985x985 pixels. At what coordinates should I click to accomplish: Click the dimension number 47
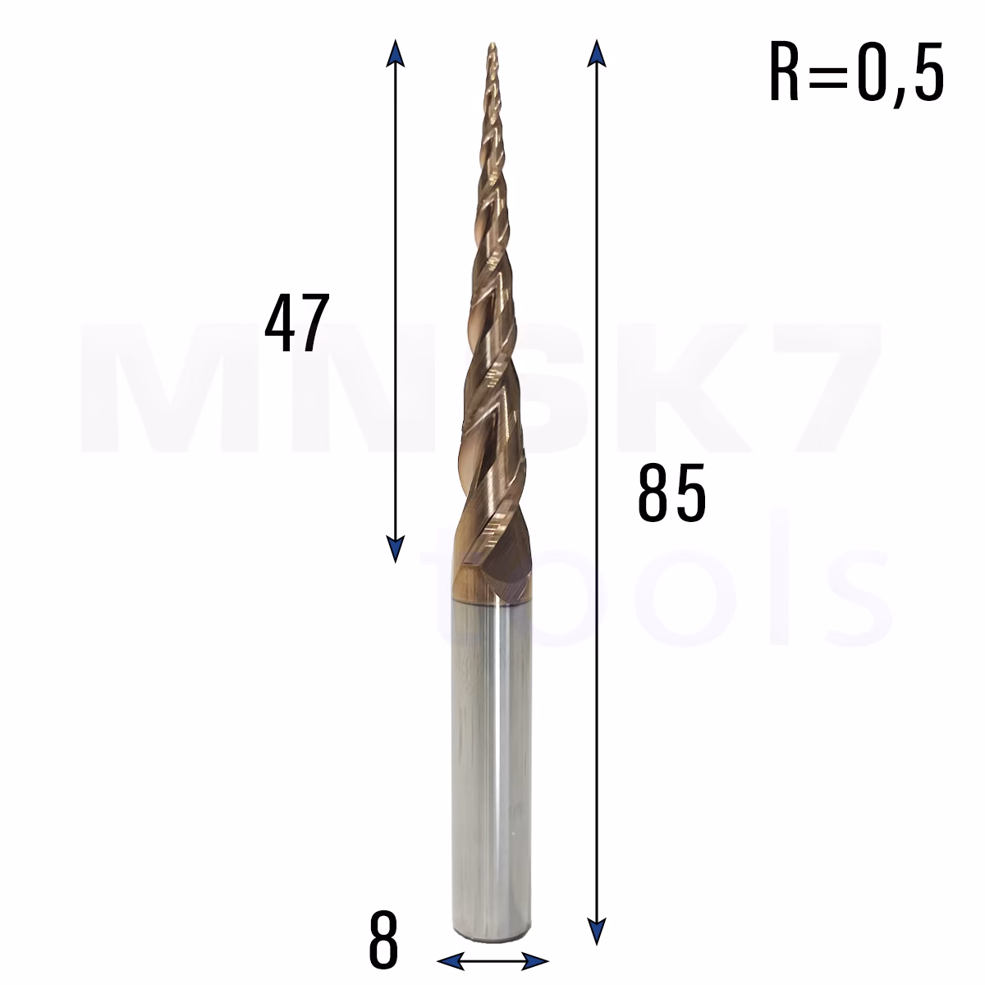coord(297,323)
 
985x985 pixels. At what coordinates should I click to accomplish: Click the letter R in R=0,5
coord(784,71)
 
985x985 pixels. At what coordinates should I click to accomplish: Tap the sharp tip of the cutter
coord(492,43)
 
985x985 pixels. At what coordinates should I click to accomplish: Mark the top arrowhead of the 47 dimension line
coord(395,53)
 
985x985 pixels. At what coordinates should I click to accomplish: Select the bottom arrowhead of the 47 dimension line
coord(395,549)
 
